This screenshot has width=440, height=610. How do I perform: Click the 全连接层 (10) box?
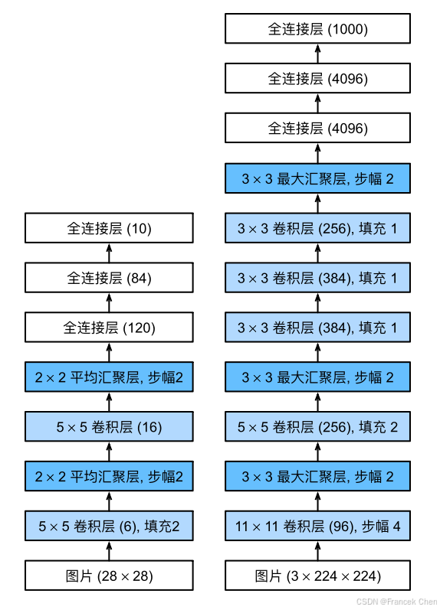pos(109,228)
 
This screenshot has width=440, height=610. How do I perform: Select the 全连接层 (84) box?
pos(109,278)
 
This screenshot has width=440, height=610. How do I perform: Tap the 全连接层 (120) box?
pos(109,328)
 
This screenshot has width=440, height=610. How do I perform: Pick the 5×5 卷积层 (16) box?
pos(109,427)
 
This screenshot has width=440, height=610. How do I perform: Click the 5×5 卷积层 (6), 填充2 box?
pos(109,526)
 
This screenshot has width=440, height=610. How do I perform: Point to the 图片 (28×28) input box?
pos(109,576)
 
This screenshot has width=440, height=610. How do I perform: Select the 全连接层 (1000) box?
pos(317,29)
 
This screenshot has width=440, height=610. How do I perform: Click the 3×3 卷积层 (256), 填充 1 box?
pos(317,228)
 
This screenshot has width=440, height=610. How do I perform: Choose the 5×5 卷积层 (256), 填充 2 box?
pos(317,427)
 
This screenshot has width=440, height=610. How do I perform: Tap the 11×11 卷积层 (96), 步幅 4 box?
pos(317,526)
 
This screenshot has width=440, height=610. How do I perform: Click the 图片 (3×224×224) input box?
pos(317,576)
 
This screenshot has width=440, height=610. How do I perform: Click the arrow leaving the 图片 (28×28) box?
pos(109,551)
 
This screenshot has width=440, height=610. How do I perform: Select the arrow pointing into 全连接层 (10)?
pos(109,253)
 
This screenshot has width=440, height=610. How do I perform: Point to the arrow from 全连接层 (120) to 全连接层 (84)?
pos(109,302)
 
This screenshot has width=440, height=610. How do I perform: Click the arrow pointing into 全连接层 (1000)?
pos(317,54)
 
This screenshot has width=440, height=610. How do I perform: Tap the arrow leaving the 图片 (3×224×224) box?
pos(317,551)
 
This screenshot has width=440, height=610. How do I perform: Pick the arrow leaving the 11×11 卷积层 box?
pos(317,501)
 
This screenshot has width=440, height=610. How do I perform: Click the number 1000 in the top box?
pos(348,29)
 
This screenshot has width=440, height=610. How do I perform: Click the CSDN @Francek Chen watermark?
pos(397,602)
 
